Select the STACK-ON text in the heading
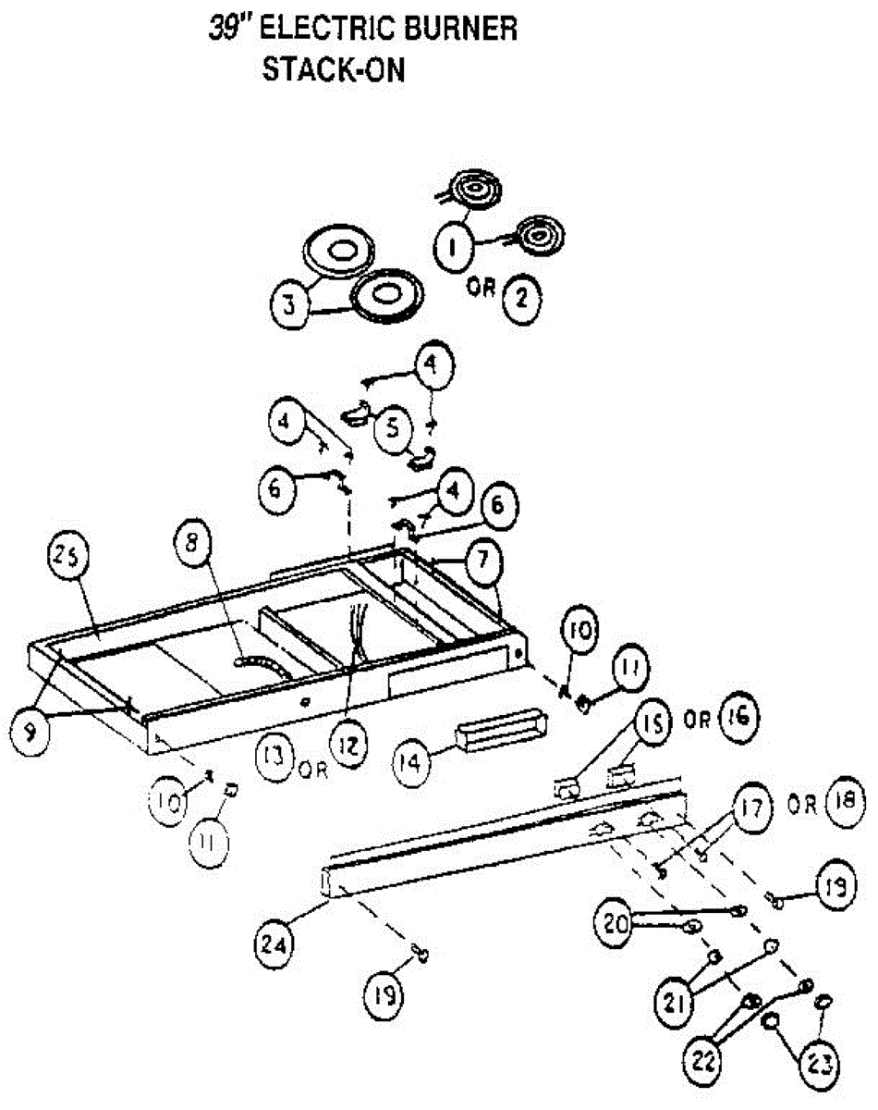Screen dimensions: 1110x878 (334, 70)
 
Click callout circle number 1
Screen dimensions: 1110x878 (453, 247)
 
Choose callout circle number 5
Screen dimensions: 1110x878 (392, 426)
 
